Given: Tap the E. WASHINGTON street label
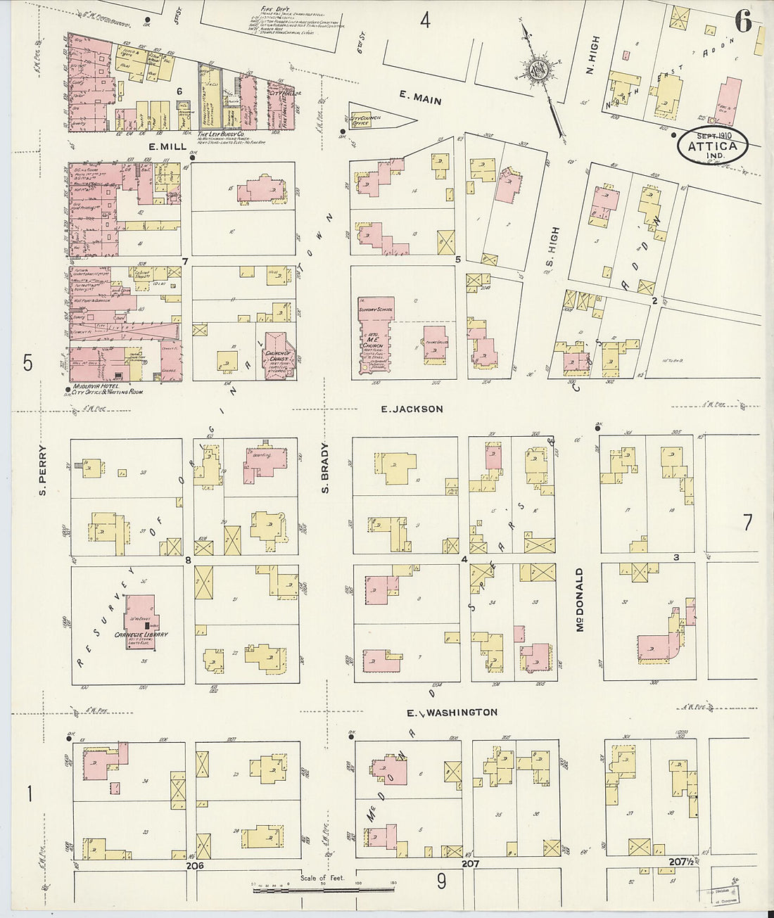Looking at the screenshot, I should point(452,713).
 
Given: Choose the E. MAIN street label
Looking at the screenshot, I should point(420,101).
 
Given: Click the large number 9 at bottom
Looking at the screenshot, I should point(441,879).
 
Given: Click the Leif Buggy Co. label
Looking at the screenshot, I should point(222,134).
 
